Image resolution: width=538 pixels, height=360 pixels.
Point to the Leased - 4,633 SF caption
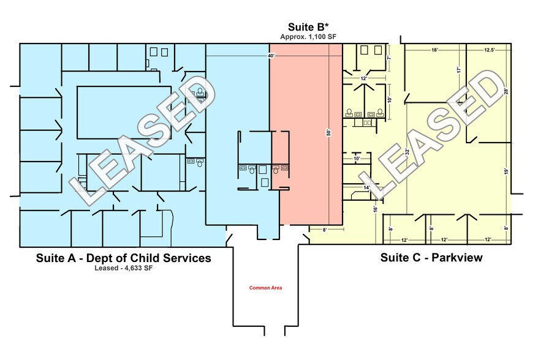[x=123, y=268]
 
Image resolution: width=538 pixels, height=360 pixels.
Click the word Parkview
[x=457, y=258]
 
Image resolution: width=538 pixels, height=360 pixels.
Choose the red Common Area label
[x=265, y=288]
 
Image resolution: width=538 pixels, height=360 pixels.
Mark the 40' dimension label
[x=271, y=56]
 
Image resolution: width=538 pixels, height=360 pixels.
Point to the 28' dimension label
[x=507, y=91]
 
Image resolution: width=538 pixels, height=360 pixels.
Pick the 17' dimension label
[x=458, y=70]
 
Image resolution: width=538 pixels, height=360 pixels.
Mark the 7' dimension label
[x=389, y=58]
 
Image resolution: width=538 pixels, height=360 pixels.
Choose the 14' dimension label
[x=366, y=188]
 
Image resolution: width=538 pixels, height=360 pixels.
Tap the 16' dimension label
[x=376, y=208]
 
